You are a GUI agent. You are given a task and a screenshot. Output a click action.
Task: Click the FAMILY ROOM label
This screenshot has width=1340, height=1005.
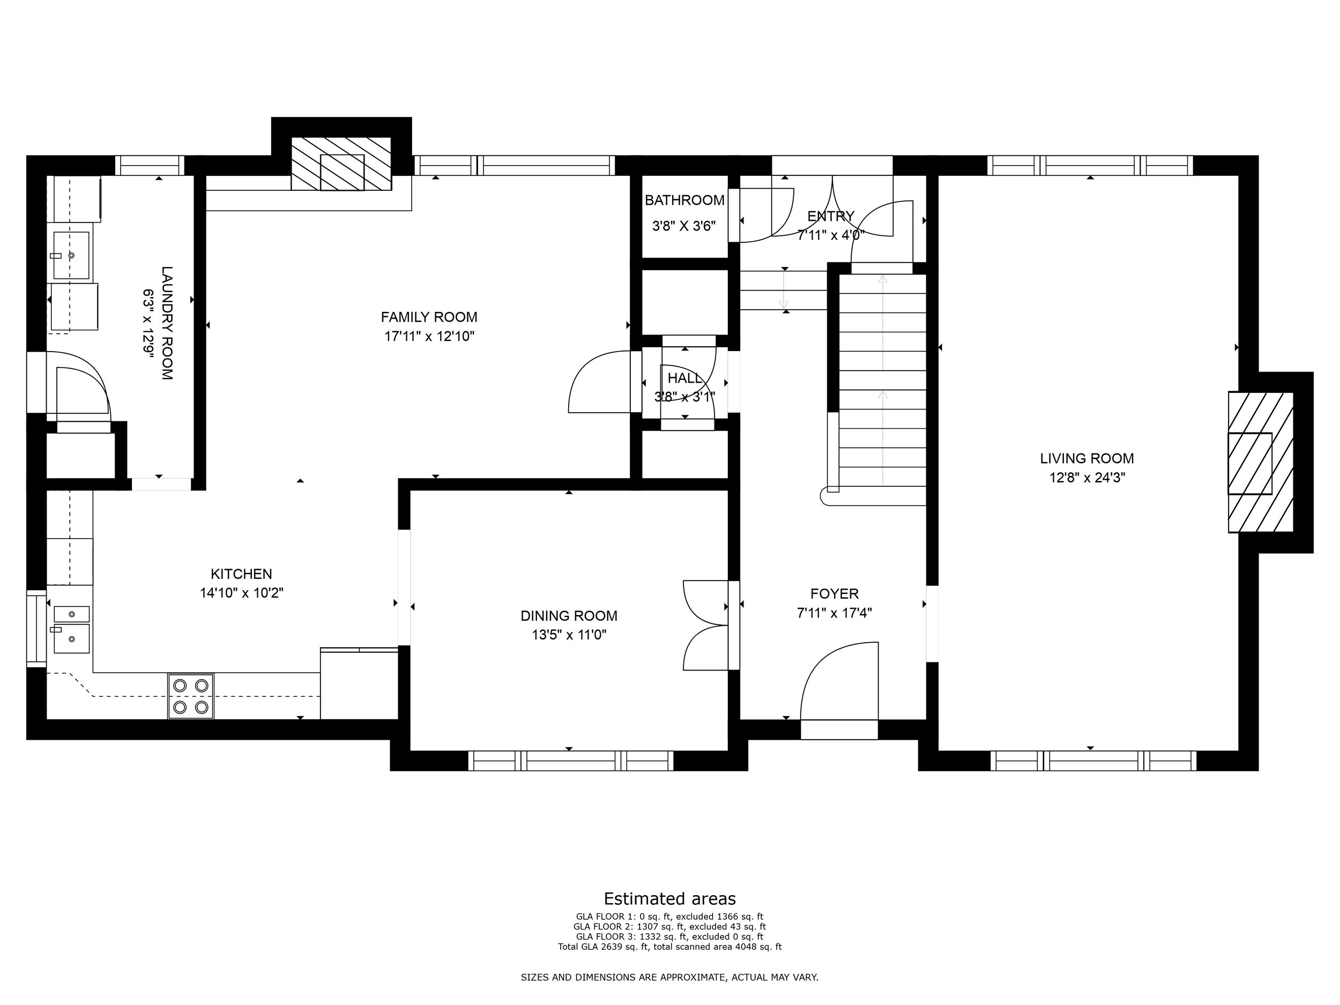click(429, 317)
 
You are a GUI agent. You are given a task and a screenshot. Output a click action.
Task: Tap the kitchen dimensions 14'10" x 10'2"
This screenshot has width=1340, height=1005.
click(242, 593)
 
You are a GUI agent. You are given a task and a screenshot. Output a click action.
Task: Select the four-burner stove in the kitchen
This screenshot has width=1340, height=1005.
click(191, 696)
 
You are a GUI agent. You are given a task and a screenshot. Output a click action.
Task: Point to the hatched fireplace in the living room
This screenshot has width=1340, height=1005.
click(1260, 462)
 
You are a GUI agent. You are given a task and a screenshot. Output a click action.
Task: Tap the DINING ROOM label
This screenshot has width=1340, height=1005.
click(569, 616)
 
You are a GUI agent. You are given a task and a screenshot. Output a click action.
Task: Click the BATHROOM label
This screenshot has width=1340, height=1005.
click(684, 200)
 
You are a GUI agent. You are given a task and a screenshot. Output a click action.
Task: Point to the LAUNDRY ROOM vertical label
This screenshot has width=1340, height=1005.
click(167, 323)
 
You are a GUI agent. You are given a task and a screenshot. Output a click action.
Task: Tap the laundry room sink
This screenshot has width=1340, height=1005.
click(71, 255)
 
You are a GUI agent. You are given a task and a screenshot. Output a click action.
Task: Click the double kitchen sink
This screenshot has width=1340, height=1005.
click(71, 629)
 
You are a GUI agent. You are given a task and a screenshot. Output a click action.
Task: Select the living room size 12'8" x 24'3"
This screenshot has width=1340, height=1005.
click(1087, 478)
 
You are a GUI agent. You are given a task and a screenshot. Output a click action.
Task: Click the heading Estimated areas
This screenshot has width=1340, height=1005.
click(669, 898)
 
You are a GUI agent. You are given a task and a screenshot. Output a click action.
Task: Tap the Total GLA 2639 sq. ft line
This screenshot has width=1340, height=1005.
click(669, 946)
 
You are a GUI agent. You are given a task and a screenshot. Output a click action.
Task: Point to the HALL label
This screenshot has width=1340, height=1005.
click(684, 378)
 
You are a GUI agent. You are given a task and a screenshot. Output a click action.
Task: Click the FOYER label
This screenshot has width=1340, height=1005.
click(834, 594)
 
